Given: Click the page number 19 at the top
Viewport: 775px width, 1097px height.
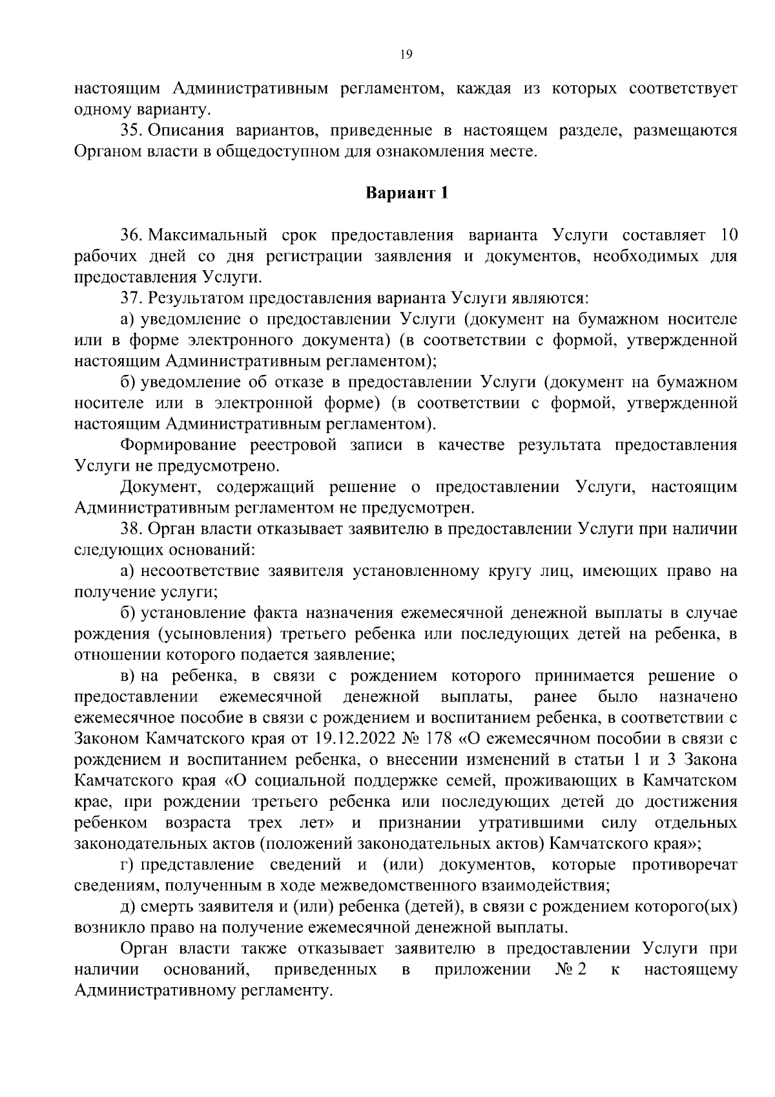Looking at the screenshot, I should pos(406,55).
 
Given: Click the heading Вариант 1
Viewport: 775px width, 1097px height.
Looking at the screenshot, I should pos(407,193).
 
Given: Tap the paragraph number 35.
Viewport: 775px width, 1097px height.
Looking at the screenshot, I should pos(131,131).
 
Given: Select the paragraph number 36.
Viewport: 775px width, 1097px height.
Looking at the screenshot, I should pos(131,235).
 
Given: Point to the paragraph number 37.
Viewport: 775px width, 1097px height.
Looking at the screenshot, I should pos(131,298).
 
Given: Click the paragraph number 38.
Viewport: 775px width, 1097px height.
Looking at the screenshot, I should pos(131,529).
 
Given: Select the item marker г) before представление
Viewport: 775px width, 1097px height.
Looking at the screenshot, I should pos(127,865).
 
